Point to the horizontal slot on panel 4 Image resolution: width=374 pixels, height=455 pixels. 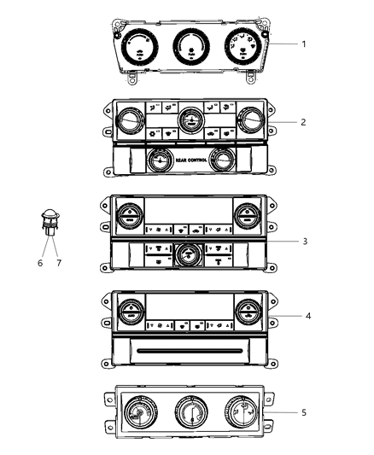187,350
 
